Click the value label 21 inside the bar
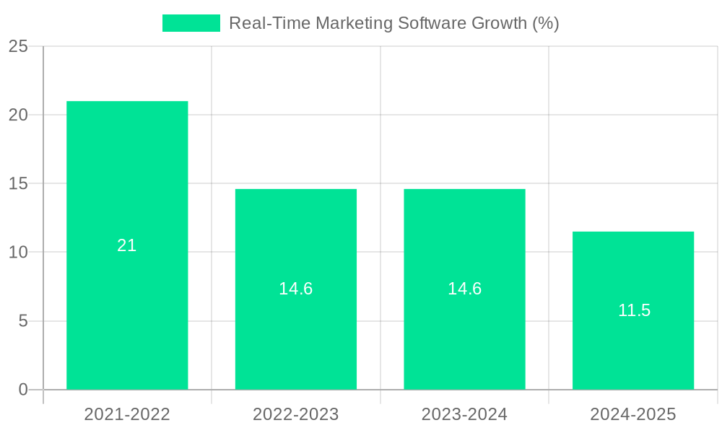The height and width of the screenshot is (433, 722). point(127,245)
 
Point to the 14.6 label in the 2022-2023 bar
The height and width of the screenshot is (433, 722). point(296,289)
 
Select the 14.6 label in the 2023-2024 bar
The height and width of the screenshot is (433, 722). point(464,289)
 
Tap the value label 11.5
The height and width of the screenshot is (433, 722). point(634,310)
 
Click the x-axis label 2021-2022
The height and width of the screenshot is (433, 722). point(127,414)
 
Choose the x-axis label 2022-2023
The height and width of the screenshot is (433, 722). point(296,414)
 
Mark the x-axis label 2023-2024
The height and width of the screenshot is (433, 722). point(464,414)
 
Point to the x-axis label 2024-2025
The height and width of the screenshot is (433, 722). point(633,414)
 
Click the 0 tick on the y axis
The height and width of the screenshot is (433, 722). point(23,390)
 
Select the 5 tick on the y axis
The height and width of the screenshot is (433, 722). point(23,321)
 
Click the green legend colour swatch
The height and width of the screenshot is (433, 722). point(191,23)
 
